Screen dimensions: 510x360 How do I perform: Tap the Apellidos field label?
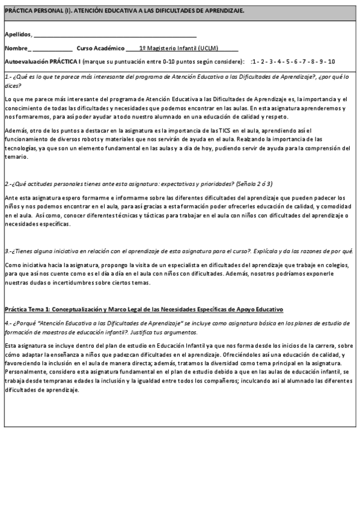tap(18, 35)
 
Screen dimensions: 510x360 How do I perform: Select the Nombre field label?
tap(16, 48)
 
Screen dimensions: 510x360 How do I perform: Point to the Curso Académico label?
tap(99, 48)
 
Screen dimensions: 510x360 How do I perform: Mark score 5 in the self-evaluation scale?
tap(288, 62)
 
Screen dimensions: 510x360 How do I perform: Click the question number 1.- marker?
tap(8, 77)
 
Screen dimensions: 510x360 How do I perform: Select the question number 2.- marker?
tap(8, 183)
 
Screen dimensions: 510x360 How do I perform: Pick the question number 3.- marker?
tap(8, 251)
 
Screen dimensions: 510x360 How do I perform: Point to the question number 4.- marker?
tap(8, 323)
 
